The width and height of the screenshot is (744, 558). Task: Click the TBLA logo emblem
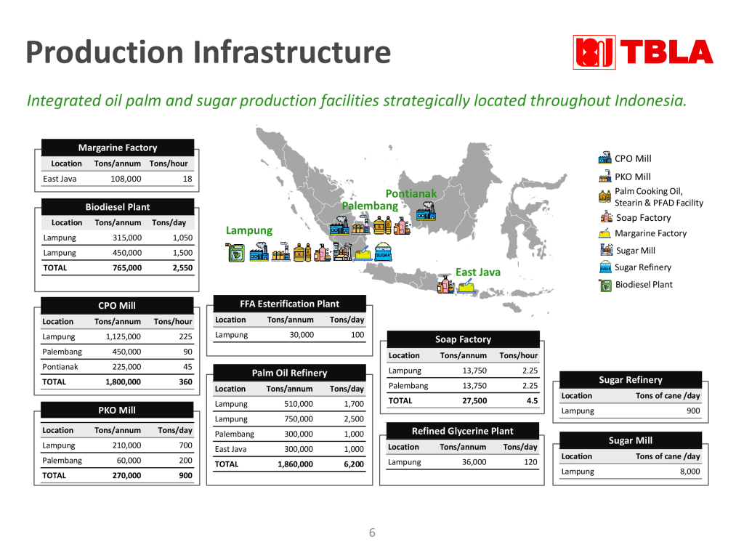pyautogui.click(x=594, y=52)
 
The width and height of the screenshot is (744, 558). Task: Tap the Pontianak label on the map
pyautogui.click(x=411, y=193)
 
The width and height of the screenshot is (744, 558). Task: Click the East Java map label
pyautogui.click(x=478, y=272)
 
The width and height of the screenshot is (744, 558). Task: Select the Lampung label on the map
pyautogui.click(x=249, y=230)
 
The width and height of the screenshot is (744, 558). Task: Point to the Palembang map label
pyautogui.click(x=370, y=206)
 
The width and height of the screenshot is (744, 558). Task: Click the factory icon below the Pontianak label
pyautogui.click(x=426, y=211)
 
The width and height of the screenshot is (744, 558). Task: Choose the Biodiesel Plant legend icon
pyautogui.click(x=605, y=285)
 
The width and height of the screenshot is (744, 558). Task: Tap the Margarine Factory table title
pyautogui.click(x=118, y=147)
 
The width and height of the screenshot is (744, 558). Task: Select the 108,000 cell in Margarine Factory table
pyautogui.click(x=126, y=179)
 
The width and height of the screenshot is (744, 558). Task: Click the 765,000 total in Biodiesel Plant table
pyautogui.click(x=127, y=267)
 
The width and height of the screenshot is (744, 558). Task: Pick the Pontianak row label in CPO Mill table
pyautogui.click(x=60, y=367)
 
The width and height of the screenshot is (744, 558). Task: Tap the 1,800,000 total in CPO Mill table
pyautogui.click(x=123, y=382)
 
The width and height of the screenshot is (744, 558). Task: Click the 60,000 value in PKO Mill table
pyautogui.click(x=129, y=460)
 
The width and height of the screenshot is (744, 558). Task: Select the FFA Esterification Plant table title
pyautogui.click(x=289, y=304)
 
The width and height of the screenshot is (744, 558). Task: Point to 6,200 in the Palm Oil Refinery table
pyautogui.click(x=354, y=464)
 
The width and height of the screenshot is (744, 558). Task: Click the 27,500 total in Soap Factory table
pyautogui.click(x=474, y=401)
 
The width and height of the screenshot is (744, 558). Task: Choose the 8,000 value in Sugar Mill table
pyautogui.click(x=690, y=471)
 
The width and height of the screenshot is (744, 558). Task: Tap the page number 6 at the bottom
pyautogui.click(x=372, y=533)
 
